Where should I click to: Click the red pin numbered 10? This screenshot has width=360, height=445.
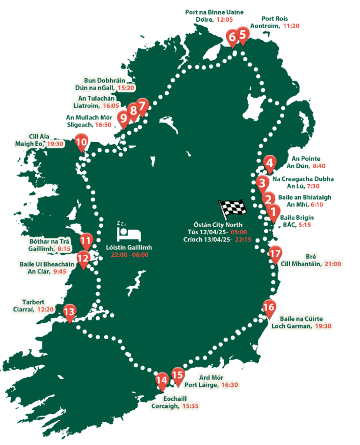[x=81, y=142]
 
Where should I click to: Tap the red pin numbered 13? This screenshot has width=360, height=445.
[x=69, y=312]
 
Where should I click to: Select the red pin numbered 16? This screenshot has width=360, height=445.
[x=268, y=307]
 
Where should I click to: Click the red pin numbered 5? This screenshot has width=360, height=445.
[x=242, y=35]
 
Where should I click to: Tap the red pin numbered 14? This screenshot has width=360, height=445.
[x=162, y=380]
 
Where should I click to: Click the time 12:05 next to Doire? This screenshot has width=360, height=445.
[x=225, y=19]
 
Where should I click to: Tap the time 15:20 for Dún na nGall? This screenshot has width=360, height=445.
[x=126, y=87]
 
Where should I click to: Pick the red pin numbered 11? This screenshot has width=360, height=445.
[x=86, y=240]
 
